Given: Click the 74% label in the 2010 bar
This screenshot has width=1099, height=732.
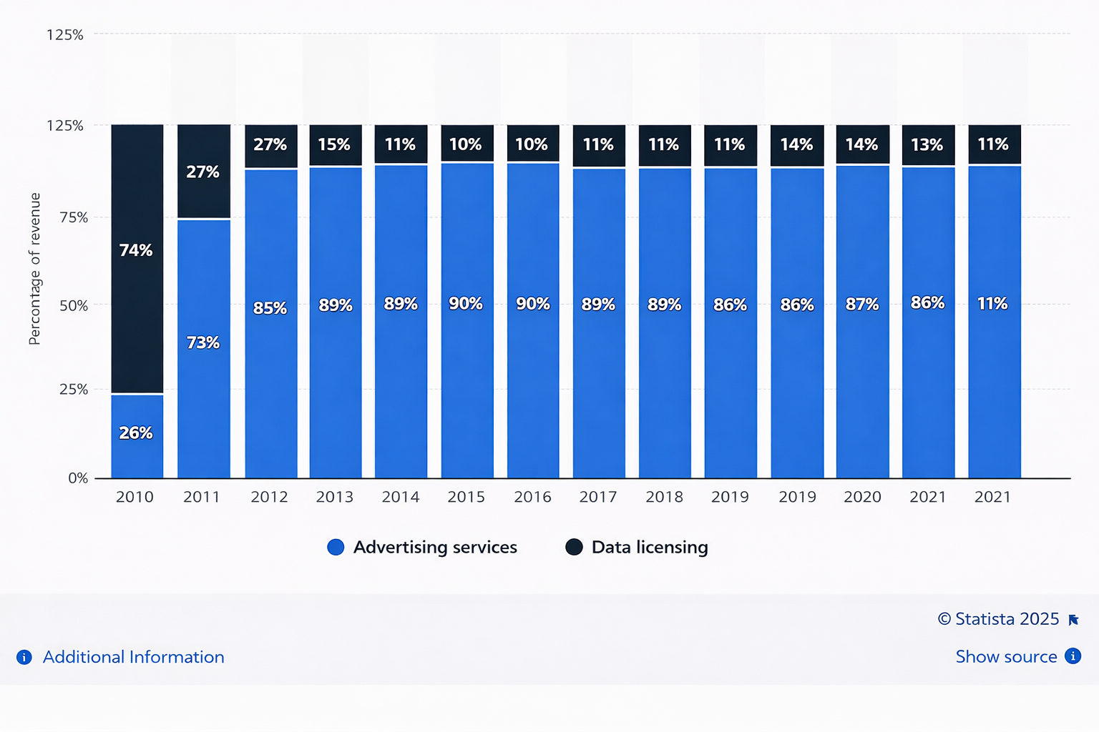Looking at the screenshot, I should [x=136, y=250].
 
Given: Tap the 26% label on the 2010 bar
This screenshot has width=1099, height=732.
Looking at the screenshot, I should [x=136, y=432].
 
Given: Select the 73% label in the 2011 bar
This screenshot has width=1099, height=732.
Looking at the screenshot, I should [x=203, y=342].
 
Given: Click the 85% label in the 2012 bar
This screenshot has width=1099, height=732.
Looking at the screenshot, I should [x=270, y=308].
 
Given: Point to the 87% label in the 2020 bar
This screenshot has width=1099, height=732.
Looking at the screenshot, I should [x=862, y=305].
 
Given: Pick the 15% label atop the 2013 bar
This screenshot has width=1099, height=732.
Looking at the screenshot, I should [x=334, y=144].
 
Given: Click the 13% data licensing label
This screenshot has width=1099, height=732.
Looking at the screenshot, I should [x=927, y=145].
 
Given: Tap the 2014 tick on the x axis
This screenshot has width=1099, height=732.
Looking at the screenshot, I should [x=401, y=497].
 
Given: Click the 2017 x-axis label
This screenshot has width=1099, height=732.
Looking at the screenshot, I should [x=598, y=497].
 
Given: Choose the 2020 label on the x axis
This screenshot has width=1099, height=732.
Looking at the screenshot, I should [x=862, y=497].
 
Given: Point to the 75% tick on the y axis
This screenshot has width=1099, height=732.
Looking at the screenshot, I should [x=74, y=217].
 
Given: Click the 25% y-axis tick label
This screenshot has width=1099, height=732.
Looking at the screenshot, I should [x=74, y=390].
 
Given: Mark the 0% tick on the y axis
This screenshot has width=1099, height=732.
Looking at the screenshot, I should [x=78, y=478].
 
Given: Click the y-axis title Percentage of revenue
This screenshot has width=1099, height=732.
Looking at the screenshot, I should [x=34, y=269].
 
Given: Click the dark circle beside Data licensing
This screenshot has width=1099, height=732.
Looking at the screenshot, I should [x=574, y=547].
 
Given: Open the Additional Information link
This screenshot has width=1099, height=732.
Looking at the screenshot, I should [x=133, y=657].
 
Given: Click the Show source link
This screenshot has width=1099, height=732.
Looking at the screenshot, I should [x=1006, y=656].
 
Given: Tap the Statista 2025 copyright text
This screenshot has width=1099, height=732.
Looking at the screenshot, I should [x=999, y=619].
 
